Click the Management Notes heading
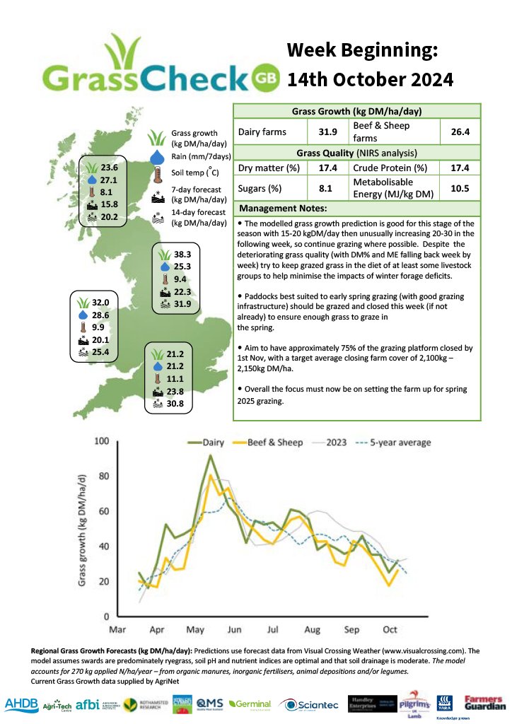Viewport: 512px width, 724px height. [x=283, y=209]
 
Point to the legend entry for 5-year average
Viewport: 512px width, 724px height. [x=395, y=443]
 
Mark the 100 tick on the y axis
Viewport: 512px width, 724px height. [x=101, y=441]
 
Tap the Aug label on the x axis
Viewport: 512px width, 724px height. [x=312, y=629]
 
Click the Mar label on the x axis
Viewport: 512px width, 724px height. [x=117, y=629]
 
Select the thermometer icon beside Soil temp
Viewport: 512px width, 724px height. [x=156, y=173]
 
